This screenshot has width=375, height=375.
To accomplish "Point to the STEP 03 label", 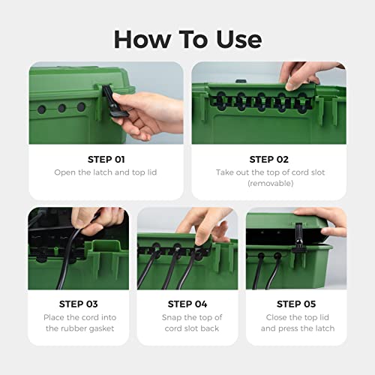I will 78,304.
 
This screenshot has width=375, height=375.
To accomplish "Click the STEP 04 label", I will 187,304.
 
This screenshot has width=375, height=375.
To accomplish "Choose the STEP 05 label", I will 296,304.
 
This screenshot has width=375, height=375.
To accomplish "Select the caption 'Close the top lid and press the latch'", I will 296,322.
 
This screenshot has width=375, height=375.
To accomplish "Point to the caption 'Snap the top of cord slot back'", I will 187,322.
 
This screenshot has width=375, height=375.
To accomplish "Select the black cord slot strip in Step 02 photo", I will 247,97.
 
